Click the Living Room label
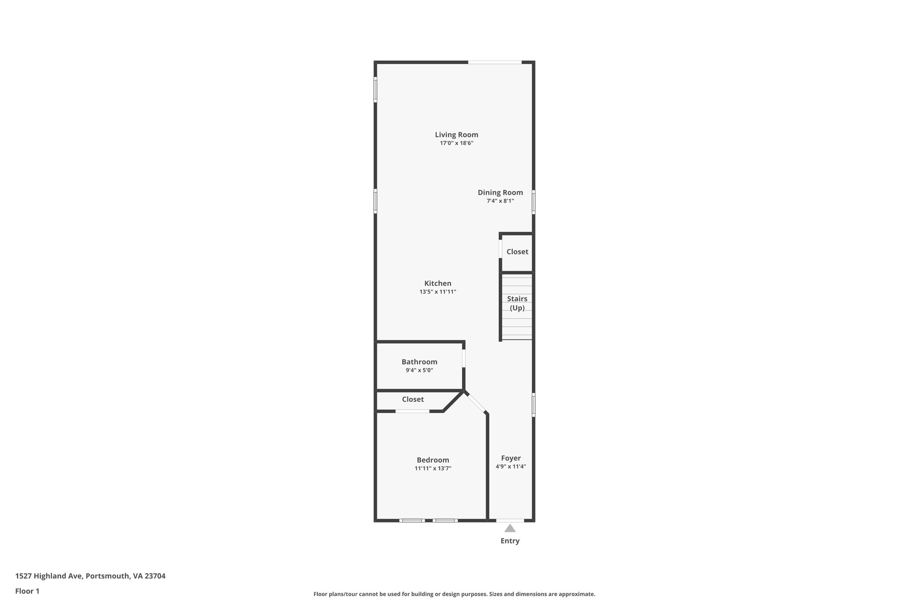tap(456, 135)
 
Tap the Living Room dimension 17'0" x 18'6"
tap(456, 143)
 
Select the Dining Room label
tap(500, 193)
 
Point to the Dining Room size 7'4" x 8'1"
tap(500, 201)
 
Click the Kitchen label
tap(438, 283)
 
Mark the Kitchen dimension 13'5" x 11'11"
tap(438, 292)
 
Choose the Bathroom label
tap(419, 362)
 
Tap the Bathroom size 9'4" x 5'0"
tap(419, 370)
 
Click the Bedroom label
tap(433, 460)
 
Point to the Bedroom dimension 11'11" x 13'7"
tap(433, 468)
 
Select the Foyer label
tap(511, 458)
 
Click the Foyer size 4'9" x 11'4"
tap(511, 467)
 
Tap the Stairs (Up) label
tap(517, 303)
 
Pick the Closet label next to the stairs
tap(517, 252)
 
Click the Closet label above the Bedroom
tap(413, 400)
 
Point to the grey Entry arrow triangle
tap(510, 528)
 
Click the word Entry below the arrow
tap(510, 541)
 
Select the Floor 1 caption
tap(28, 591)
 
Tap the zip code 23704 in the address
tap(155, 576)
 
